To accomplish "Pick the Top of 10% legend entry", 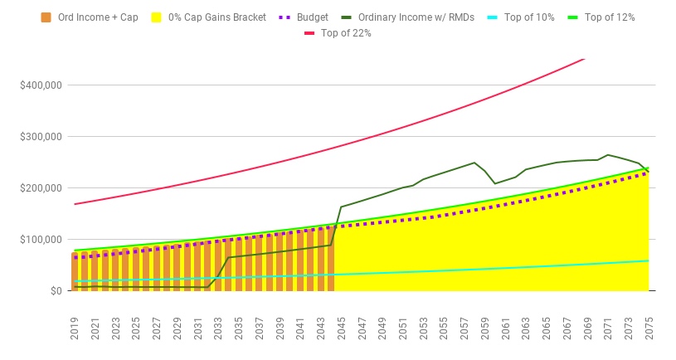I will click(x=532, y=17).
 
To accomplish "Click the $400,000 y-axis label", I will click(x=41, y=85).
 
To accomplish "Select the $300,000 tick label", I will click(x=41, y=136).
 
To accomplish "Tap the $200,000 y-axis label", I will click(x=41, y=187).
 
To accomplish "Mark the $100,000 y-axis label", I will click(x=41, y=239).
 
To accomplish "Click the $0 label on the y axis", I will click(x=55, y=291).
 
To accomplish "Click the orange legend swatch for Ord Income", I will click(x=46, y=17).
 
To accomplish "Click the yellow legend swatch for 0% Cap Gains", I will click(x=150, y=17).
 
